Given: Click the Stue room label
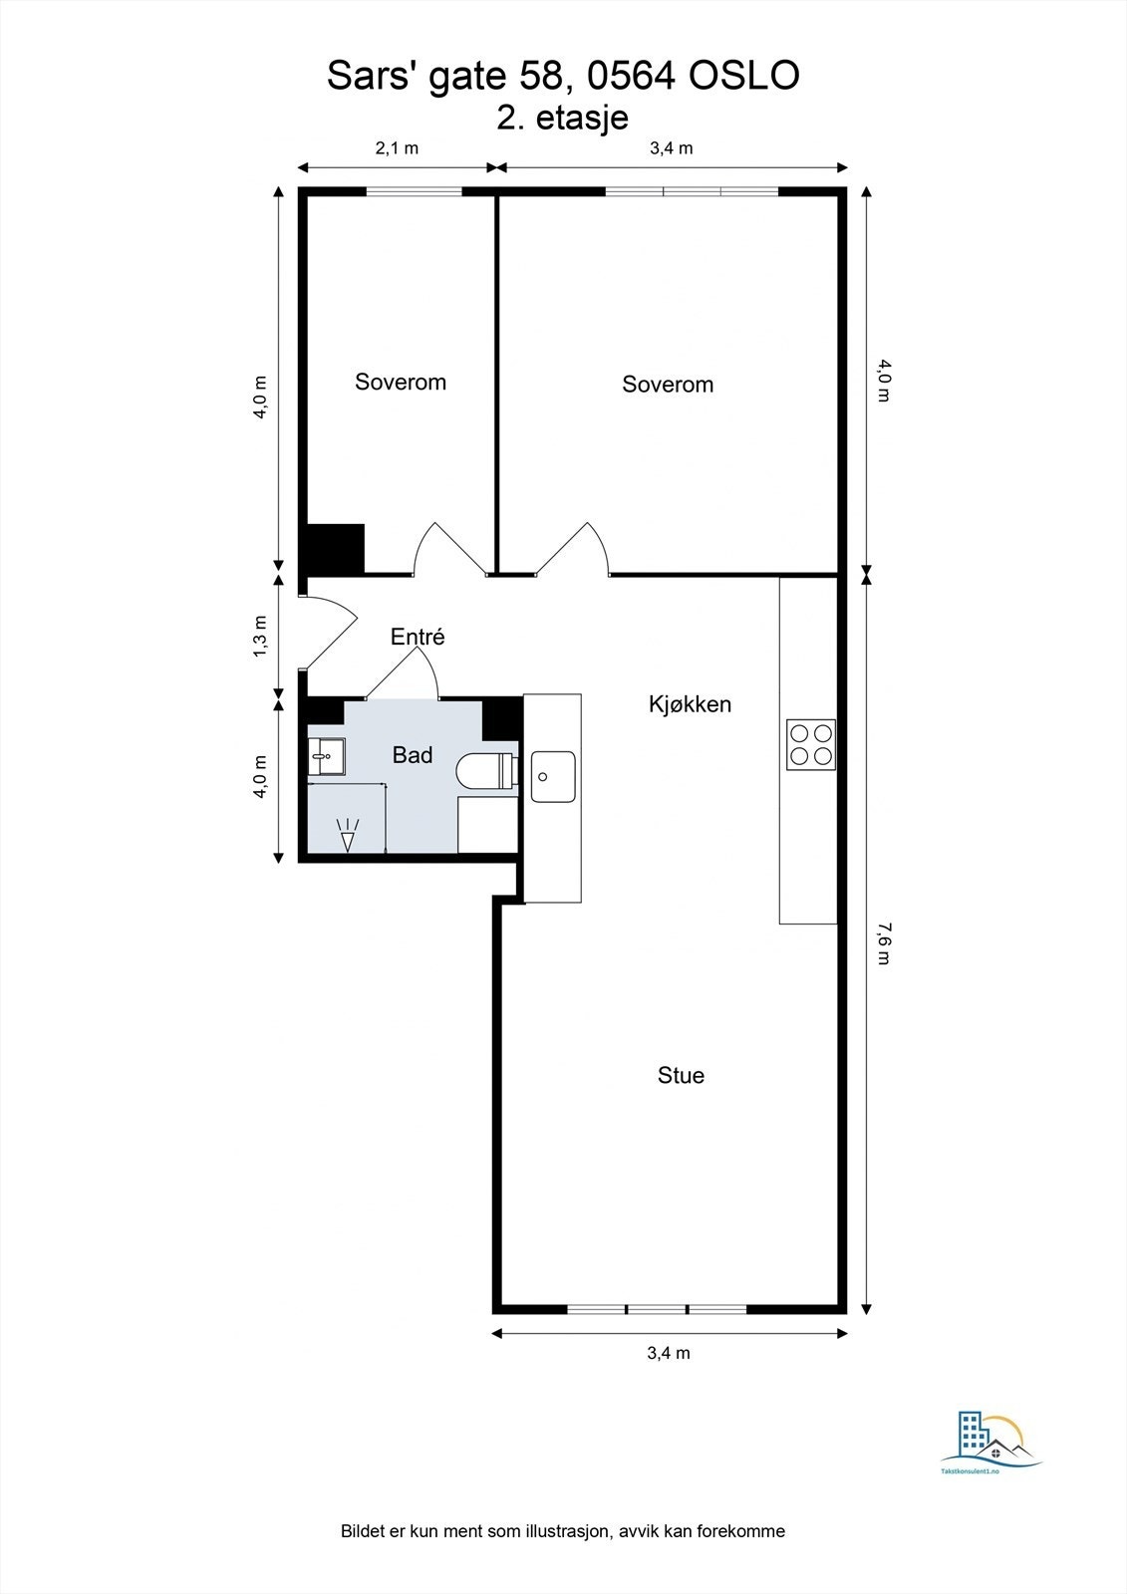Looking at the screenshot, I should [x=681, y=1075].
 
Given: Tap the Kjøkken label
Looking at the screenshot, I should [x=690, y=704].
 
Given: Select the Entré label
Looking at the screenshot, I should [x=418, y=637].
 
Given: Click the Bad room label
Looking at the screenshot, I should [x=413, y=755].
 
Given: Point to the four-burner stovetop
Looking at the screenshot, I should [x=811, y=744].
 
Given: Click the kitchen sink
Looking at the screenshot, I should [x=553, y=776].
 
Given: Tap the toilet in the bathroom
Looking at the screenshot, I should [x=484, y=772].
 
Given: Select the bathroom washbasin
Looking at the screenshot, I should [x=326, y=756].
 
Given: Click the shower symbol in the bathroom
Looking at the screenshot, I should [x=348, y=834].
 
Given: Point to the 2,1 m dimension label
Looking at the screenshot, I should [x=397, y=148].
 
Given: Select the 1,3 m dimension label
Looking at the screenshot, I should [x=260, y=636].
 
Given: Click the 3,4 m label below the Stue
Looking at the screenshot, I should [x=669, y=1353].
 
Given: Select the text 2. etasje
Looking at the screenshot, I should [x=563, y=118].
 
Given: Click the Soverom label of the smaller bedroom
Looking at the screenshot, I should [x=401, y=382].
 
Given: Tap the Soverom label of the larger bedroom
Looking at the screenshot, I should [x=668, y=385].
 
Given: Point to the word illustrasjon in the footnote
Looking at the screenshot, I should [x=562, y=1531].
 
